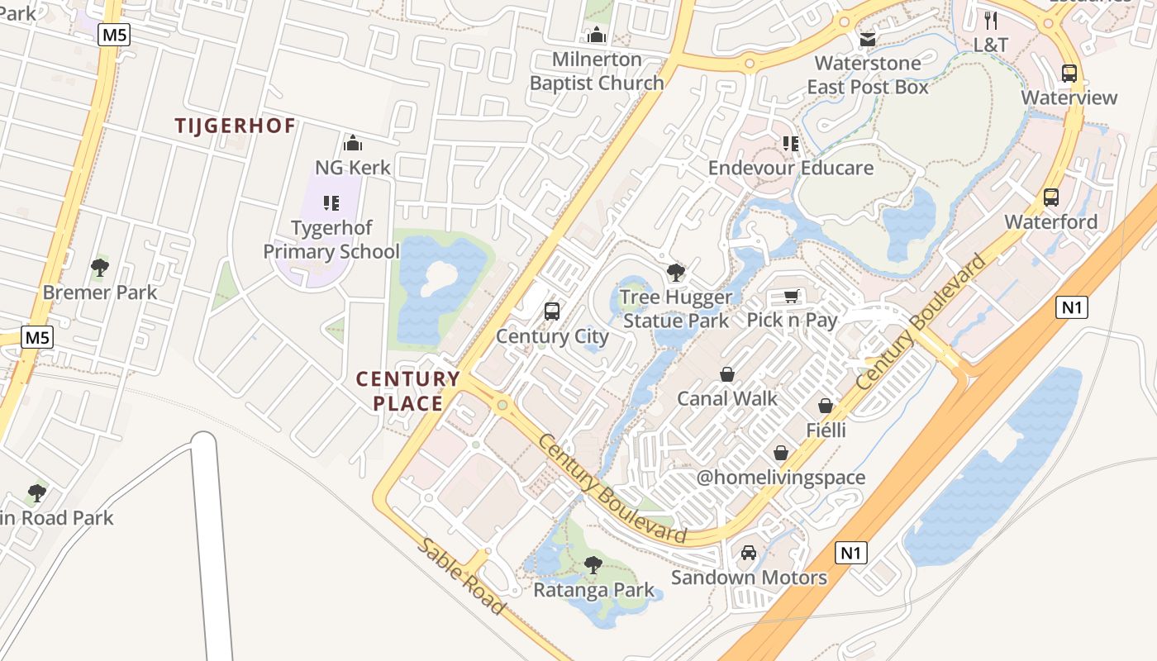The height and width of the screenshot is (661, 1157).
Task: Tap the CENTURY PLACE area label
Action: [407, 391]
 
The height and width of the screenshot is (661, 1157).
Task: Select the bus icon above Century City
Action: [552, 311]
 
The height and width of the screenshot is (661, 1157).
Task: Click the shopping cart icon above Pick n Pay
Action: [792, 296]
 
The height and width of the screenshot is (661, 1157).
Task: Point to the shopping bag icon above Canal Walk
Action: [727, 374]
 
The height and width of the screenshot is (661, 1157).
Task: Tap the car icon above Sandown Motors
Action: [749, 553]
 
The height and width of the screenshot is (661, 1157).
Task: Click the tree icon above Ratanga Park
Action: [593, 565]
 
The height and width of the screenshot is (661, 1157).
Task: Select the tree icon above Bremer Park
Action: [100, 268]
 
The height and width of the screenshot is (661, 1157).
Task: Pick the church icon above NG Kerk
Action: [353, 143]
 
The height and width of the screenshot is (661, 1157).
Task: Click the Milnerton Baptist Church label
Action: [597, 71]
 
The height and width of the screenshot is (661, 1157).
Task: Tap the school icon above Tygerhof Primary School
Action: [331, 202]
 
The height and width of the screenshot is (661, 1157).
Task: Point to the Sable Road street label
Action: [461, 576]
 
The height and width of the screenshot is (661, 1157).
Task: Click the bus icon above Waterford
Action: [1051, 197]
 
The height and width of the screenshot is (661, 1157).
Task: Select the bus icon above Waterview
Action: [1069, 73]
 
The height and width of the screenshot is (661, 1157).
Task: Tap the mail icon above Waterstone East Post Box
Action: [868, 39]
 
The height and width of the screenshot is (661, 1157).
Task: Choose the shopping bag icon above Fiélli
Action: [826, 406]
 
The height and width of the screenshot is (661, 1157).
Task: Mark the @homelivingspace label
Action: [781, 478]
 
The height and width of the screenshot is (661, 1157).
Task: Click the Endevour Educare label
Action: [791, 168]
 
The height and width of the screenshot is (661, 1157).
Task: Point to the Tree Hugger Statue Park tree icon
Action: [676, 272]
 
